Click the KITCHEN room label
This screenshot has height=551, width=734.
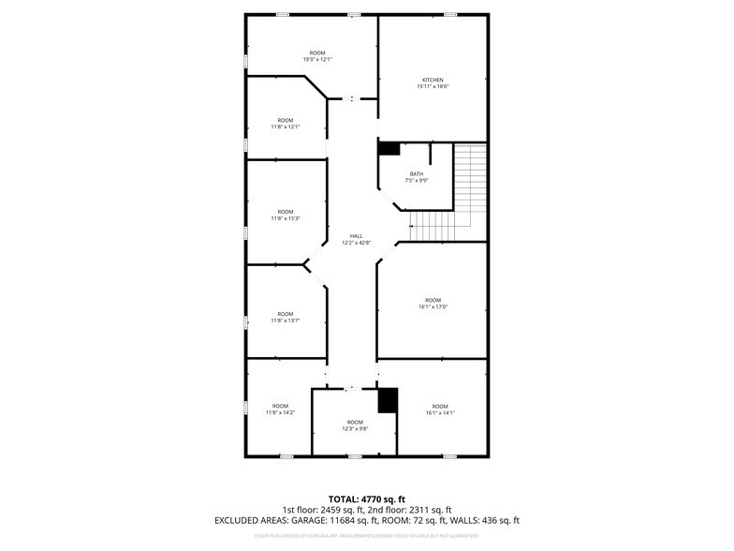click(x=432, y=80)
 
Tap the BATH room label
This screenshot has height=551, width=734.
click(x=417, y=174)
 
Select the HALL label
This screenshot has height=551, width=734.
click(x=356, y=236)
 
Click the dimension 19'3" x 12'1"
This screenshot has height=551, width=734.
click(x=317, y=59)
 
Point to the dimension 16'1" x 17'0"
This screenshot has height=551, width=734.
click(x=432, y=306)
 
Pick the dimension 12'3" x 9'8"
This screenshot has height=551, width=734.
click(x=355, y=429)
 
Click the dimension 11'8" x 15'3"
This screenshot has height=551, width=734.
click(x=286, y=218)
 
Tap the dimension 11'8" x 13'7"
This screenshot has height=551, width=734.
click(x=286, y=320)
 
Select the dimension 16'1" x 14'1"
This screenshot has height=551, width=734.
click(x=440, y=412)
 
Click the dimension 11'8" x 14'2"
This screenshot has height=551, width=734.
click(x=280, y=412)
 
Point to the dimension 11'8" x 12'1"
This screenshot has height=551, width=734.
click(x=286, y=127)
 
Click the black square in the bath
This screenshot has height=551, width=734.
click(x=389, y=148)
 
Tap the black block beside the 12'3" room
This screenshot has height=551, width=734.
click(x=388, y=400)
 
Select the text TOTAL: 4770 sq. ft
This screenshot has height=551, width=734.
click(x=366, y=498)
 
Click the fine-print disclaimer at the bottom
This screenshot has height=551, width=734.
click(x=366, y=536)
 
